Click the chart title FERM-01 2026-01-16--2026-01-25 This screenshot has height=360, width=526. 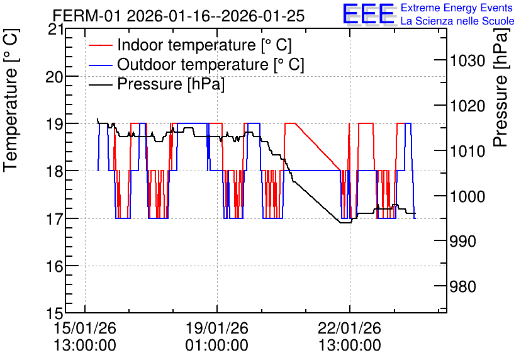coord(179,16)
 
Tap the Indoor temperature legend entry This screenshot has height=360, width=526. coord(190,45)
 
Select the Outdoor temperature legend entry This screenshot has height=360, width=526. coord(196,64)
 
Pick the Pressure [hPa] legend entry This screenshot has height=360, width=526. coord(157,84)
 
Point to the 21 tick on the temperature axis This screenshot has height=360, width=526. coord(55,30)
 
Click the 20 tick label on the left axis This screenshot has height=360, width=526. coord(54,77)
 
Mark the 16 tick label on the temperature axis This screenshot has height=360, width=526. coord(55,266)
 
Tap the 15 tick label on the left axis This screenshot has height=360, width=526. coord(55,313)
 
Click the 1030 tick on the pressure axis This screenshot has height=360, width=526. coord(467,61)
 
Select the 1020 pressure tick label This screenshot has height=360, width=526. coord(467,106)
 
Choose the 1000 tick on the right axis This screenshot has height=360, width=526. coord(467,196)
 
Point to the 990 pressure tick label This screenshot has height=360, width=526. coord(463,242)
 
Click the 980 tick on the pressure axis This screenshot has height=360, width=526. coord(463,287)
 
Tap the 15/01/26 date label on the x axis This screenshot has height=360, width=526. coord(85,328)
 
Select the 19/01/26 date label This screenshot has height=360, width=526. coord(217,328)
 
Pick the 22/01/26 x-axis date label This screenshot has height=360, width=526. coord(350,328)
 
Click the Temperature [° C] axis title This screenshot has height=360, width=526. coord(11,101)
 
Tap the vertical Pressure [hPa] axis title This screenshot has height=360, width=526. coord(501,87)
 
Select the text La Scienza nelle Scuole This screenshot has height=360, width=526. coord(457,21)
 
